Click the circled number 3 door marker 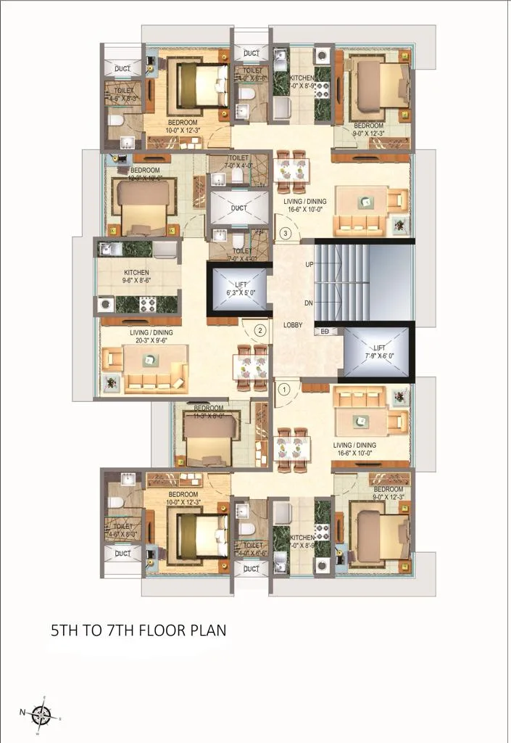click(x=286, y=234)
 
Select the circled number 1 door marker click(x=285, y=389)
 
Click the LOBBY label click(x=293, y=326)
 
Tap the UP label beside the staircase click(x=309, y=265)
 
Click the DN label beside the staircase click(x=309, y=303)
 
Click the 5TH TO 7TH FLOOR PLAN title click(x=138, y=630)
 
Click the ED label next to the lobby click(x=325, y=332)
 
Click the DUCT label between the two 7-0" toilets click(x=239, y=208)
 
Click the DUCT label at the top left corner click(x=123, y=69)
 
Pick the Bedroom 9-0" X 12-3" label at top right click(x=368, y=129)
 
